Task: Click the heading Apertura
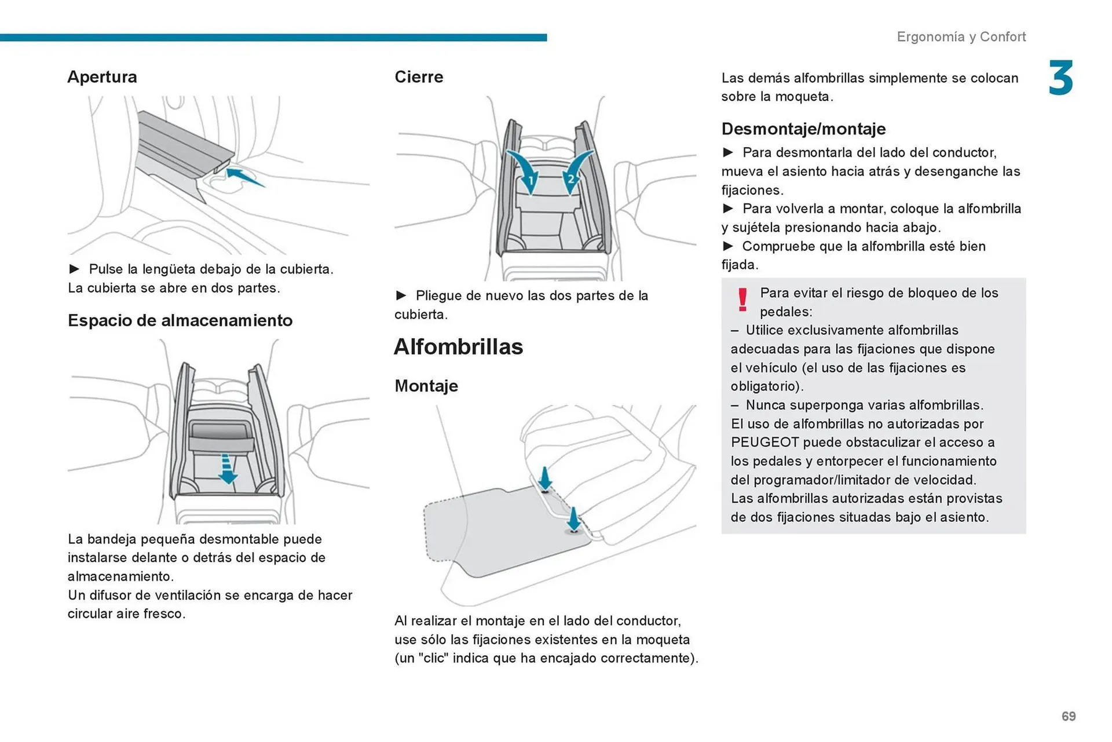point(102,77)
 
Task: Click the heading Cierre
point(419,77)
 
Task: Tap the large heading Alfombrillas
point(458,347)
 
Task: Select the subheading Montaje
point(426,386)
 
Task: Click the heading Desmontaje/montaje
point(803,129)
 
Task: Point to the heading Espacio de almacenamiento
point(180,320)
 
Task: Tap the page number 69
point(1069,717)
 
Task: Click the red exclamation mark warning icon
point(742,299)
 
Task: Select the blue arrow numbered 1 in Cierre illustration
point(526,171)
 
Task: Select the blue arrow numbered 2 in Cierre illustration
point(575,171)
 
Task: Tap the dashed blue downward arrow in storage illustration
point(228,469)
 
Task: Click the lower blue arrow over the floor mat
point(573,519)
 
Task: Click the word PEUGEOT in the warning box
point(765,443)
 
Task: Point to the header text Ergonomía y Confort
point(961,37)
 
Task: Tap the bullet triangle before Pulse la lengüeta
point(74,269)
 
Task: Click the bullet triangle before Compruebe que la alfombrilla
point(728,246)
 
